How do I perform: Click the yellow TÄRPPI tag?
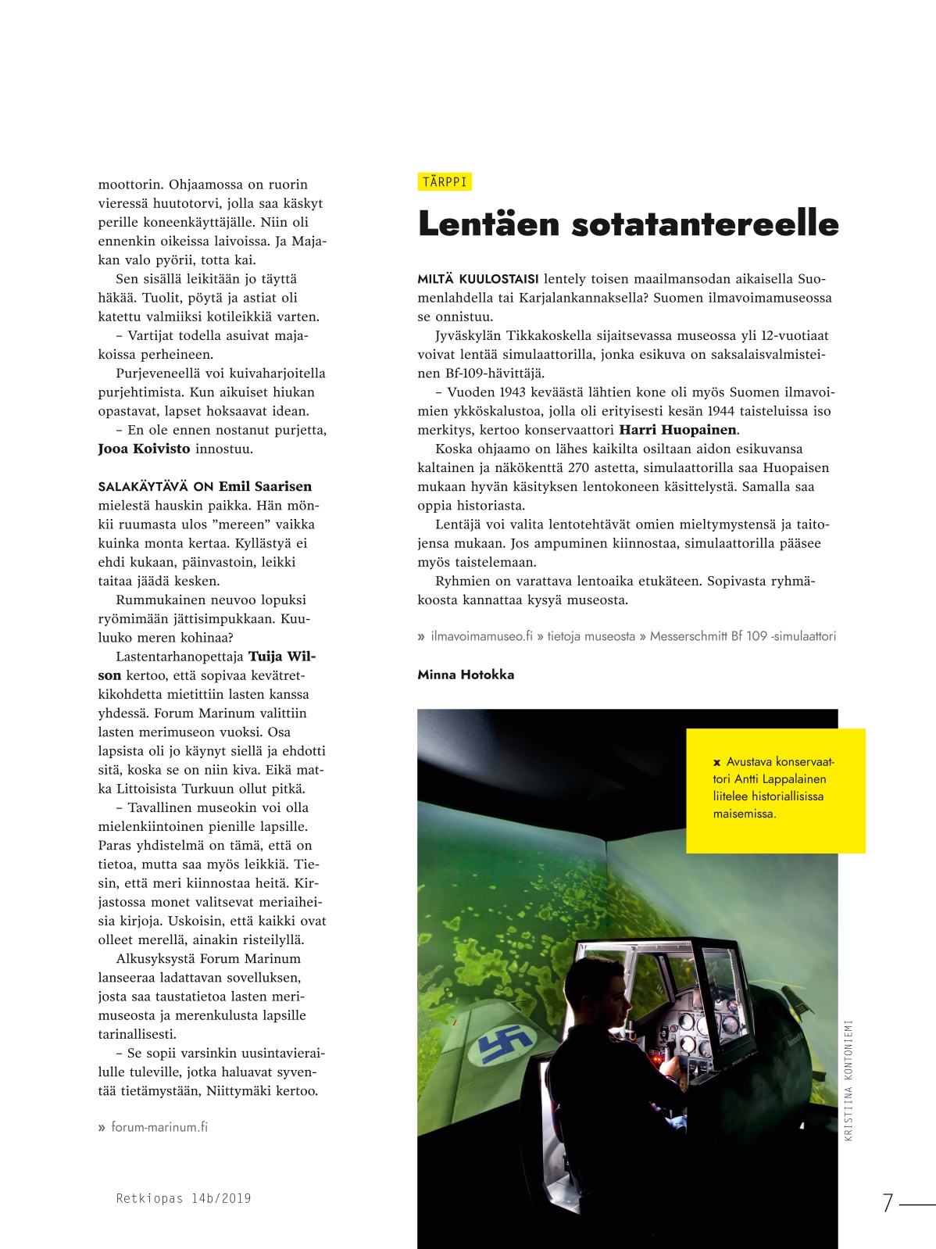point(445,182)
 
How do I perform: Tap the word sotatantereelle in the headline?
point(706,224)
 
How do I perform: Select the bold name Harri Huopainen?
point(677,430)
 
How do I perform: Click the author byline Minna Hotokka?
point(466,675)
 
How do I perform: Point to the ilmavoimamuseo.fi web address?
point(481,636)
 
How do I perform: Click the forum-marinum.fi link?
point(159,1127)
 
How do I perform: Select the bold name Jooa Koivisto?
point(144,449)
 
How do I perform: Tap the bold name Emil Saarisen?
point(265,486)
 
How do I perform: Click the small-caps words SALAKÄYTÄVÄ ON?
point(155,487)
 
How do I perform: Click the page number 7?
point(888,1203)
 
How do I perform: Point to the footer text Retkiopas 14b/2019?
point(184,1198)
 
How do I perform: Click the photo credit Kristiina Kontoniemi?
point(849,1080)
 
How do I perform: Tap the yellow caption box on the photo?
point(775,789)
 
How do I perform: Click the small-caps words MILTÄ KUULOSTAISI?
point(477,279)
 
